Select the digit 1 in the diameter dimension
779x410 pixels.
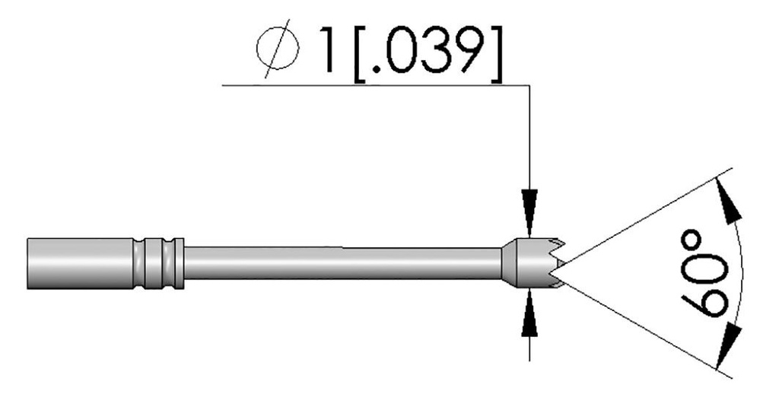(x=329, y=54)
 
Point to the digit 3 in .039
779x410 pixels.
(x=436, y=54)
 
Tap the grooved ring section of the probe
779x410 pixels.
(x=158, y=263)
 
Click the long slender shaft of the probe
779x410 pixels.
(x=342, y=263)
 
